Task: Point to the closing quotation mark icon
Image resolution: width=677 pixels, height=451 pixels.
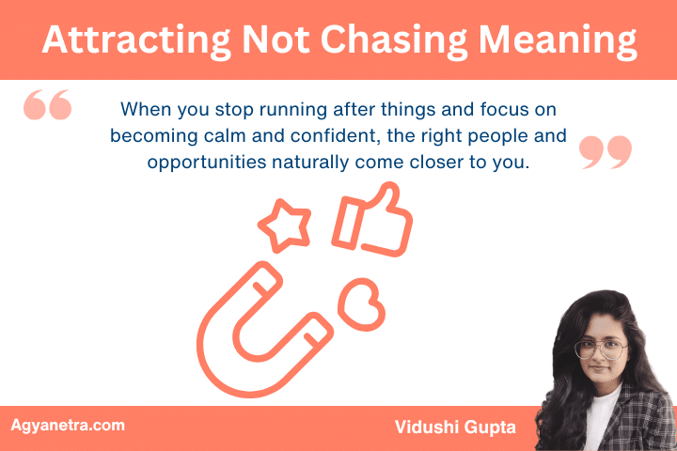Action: click(605, 152)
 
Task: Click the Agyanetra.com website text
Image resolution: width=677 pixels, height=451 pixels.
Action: click(67, 425)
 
